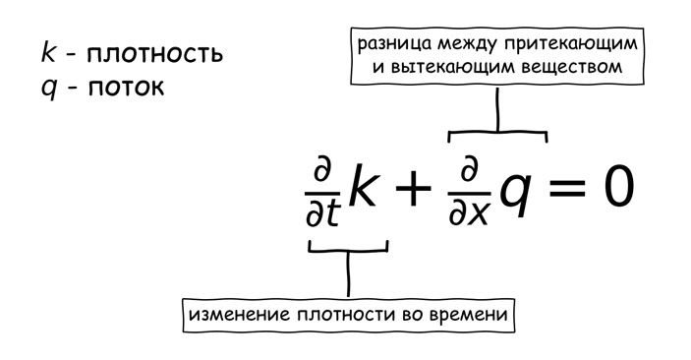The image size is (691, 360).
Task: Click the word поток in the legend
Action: click(x=125, y=87)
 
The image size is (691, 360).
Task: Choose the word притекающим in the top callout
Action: click(x=577, y=46)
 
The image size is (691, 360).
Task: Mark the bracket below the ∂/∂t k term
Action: click(x=348, y=251)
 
